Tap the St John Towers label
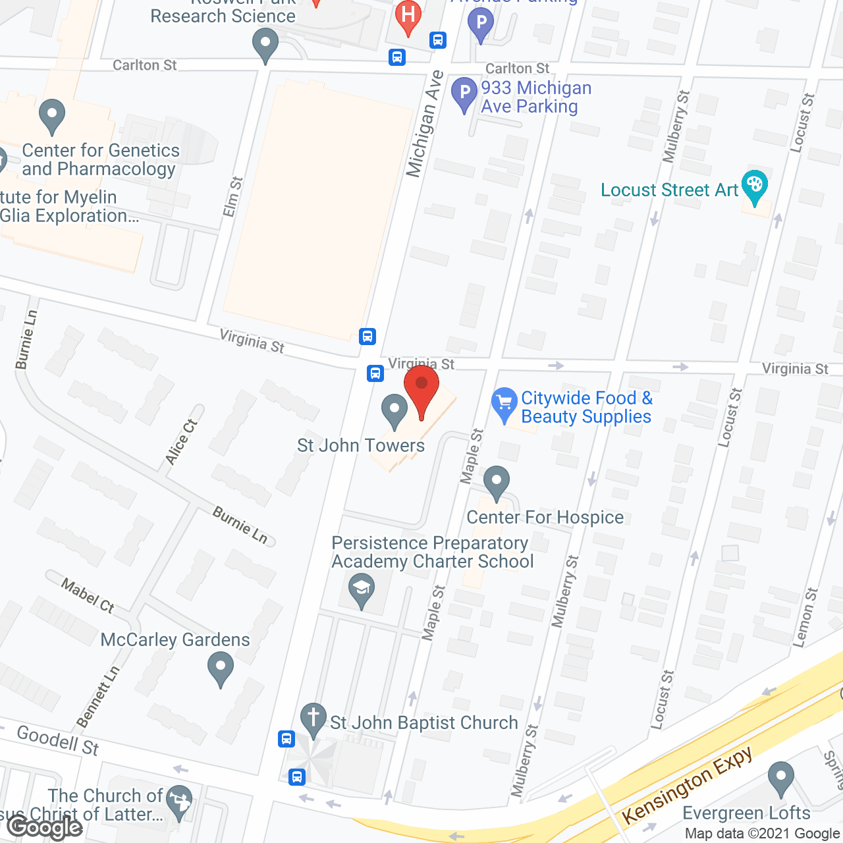tap(361, 446)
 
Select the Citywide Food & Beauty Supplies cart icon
tap(504, 402)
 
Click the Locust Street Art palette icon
tap(754, 185)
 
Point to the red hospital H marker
tap(408, 16)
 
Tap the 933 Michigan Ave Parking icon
tap(464, 93)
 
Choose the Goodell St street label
tap(58, 740)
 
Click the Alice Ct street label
tap(181, 442)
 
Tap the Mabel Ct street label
tap(88, 595)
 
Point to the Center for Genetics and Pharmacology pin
tap(52, 115)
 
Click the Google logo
tap(45, 827)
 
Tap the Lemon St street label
tap(806, 617)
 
